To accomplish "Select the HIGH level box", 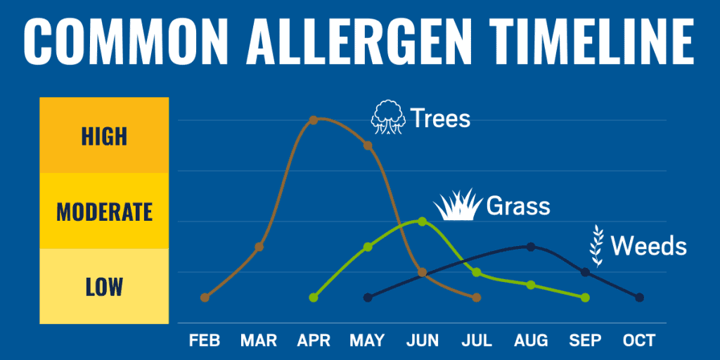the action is pos(104,135).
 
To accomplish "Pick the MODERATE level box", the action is pos(104,211).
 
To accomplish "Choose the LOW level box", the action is pos(104,286).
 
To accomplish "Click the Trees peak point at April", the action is pos(313,120).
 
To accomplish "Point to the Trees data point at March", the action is pos(259,247).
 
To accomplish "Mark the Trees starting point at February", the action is pos(205,297).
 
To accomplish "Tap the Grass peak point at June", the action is pos(422,221).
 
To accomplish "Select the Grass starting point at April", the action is pos(313,297).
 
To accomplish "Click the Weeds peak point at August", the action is pos(531,247).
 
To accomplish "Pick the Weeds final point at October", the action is pos(639,297).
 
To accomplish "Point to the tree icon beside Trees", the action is pos(388,117).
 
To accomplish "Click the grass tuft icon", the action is pos(458,205).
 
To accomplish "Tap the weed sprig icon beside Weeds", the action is pos(596,245).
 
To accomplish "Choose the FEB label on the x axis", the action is pos(205,341).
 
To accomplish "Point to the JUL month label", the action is pos(476,341).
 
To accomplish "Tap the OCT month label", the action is pos(639,341).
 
